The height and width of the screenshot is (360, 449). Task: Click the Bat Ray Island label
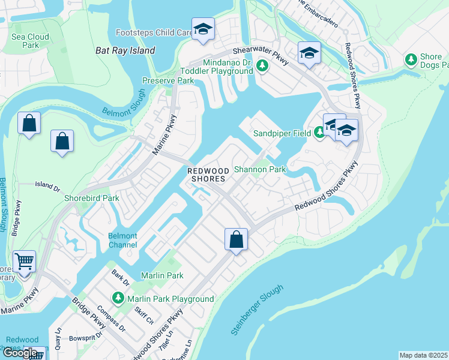[125, 51]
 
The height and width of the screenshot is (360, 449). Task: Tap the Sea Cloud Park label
[30, 41]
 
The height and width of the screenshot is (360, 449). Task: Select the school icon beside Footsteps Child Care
[203, 29]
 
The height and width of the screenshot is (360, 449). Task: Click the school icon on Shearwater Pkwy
[309, 54]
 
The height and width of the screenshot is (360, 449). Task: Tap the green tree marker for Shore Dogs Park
[411, 59]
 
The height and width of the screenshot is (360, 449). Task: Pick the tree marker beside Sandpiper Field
[319, 133]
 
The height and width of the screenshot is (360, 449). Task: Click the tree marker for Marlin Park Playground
[118, 298]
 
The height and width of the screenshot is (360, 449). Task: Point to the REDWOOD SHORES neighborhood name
[206, 175]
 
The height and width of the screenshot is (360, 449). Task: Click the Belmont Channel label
[122, 241]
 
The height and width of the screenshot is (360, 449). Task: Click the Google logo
[20, 353]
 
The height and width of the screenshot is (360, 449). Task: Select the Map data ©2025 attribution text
[423, 355]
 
